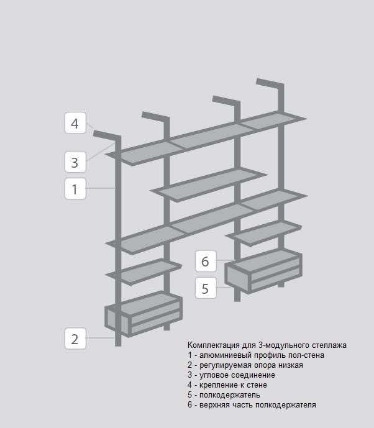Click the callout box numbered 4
pos(75,123)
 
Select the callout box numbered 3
pos(75,162)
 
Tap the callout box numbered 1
pos(75,189)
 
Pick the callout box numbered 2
pos(75,339)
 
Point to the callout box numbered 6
pos(206,262)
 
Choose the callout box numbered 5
pos(206,288)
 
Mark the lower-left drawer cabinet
pos(144,314)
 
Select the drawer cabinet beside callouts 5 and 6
pos(263,271)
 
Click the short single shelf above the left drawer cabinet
pos(144,272)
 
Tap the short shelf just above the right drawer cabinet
pos(263,234)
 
